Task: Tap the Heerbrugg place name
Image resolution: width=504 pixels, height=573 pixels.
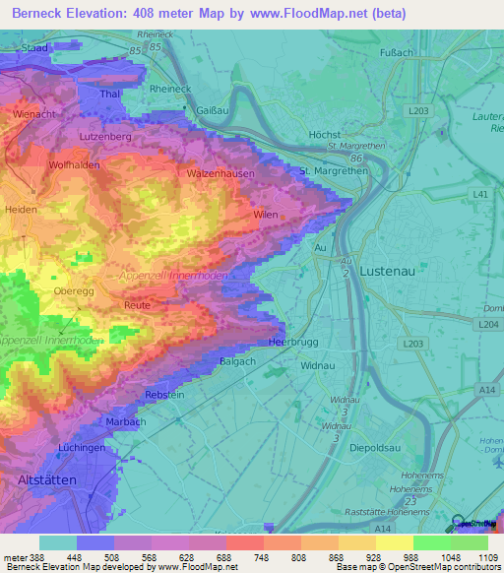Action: point(290,342)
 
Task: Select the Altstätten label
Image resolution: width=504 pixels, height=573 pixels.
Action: point(47,478)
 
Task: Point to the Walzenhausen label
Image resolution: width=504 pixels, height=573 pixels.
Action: point(221,173)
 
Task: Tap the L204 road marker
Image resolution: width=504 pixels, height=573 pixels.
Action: point(486,323)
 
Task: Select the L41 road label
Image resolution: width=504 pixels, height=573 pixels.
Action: point(480,195)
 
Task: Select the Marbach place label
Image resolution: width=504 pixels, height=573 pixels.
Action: point(125,421)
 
